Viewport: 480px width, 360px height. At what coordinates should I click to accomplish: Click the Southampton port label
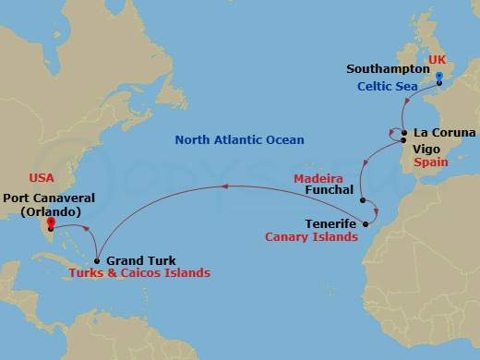(386, 69)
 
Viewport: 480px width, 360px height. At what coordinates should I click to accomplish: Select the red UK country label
(437, 55)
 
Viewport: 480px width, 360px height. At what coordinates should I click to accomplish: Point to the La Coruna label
(445, 133)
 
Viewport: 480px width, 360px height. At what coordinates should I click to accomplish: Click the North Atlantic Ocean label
(228, 140)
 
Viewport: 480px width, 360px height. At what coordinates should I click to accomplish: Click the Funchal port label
(328, 190)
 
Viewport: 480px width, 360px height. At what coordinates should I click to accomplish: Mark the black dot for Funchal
(363, 200)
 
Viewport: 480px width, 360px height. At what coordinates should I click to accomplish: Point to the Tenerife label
(330, 223)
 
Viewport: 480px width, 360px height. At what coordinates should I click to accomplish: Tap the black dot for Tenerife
(366, 223)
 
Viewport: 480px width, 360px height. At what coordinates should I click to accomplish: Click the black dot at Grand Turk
(97, 260)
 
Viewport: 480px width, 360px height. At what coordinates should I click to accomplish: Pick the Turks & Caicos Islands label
(138, 274)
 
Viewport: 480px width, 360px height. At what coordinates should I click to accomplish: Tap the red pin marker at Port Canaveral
(51, 222)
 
